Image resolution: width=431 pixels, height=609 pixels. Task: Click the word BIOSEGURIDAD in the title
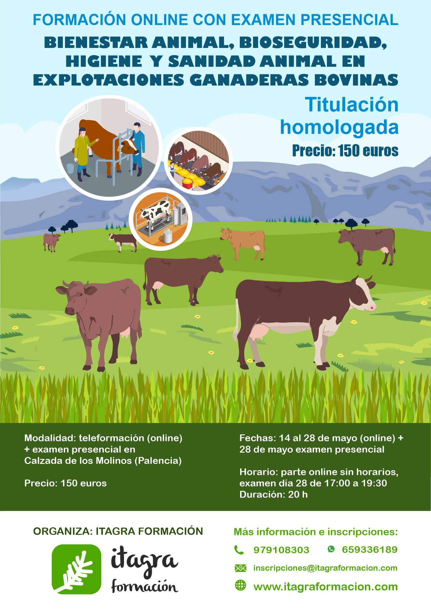313,43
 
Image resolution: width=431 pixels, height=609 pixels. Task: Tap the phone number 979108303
281,550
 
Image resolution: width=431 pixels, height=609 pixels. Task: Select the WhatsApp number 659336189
369,550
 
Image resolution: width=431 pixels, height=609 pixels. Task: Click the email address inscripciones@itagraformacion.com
325,568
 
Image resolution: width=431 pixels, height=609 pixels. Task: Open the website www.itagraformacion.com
325,587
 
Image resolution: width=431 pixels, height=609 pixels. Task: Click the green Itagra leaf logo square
76,569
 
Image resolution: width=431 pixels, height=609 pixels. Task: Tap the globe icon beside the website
240,585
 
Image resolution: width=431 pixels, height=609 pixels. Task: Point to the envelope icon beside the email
240,568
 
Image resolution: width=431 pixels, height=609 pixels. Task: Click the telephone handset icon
239,550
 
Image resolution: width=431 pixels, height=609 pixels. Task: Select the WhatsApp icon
331,549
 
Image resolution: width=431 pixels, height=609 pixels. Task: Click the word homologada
339,127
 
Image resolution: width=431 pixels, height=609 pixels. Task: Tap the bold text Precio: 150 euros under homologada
345,151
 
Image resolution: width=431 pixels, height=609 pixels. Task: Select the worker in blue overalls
138,145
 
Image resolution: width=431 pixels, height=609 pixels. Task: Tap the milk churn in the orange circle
168,236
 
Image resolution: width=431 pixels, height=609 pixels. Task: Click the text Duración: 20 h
273,494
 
